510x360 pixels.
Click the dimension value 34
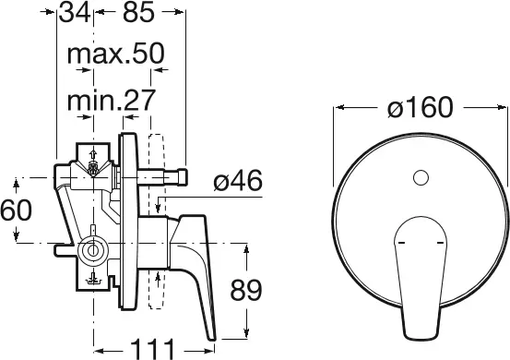pos(75,13)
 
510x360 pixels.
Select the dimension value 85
pos(138,13)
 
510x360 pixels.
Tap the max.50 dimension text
pos(116,54)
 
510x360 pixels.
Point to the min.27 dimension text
pos(112,101)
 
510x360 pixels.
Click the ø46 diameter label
pos(238,180)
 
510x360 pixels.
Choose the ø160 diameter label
pos(421,107)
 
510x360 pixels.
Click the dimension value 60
pos(17,210)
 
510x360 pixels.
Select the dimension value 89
pos(246,290)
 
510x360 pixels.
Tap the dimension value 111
pos(152,350)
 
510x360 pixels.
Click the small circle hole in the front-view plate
pos(421,178)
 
